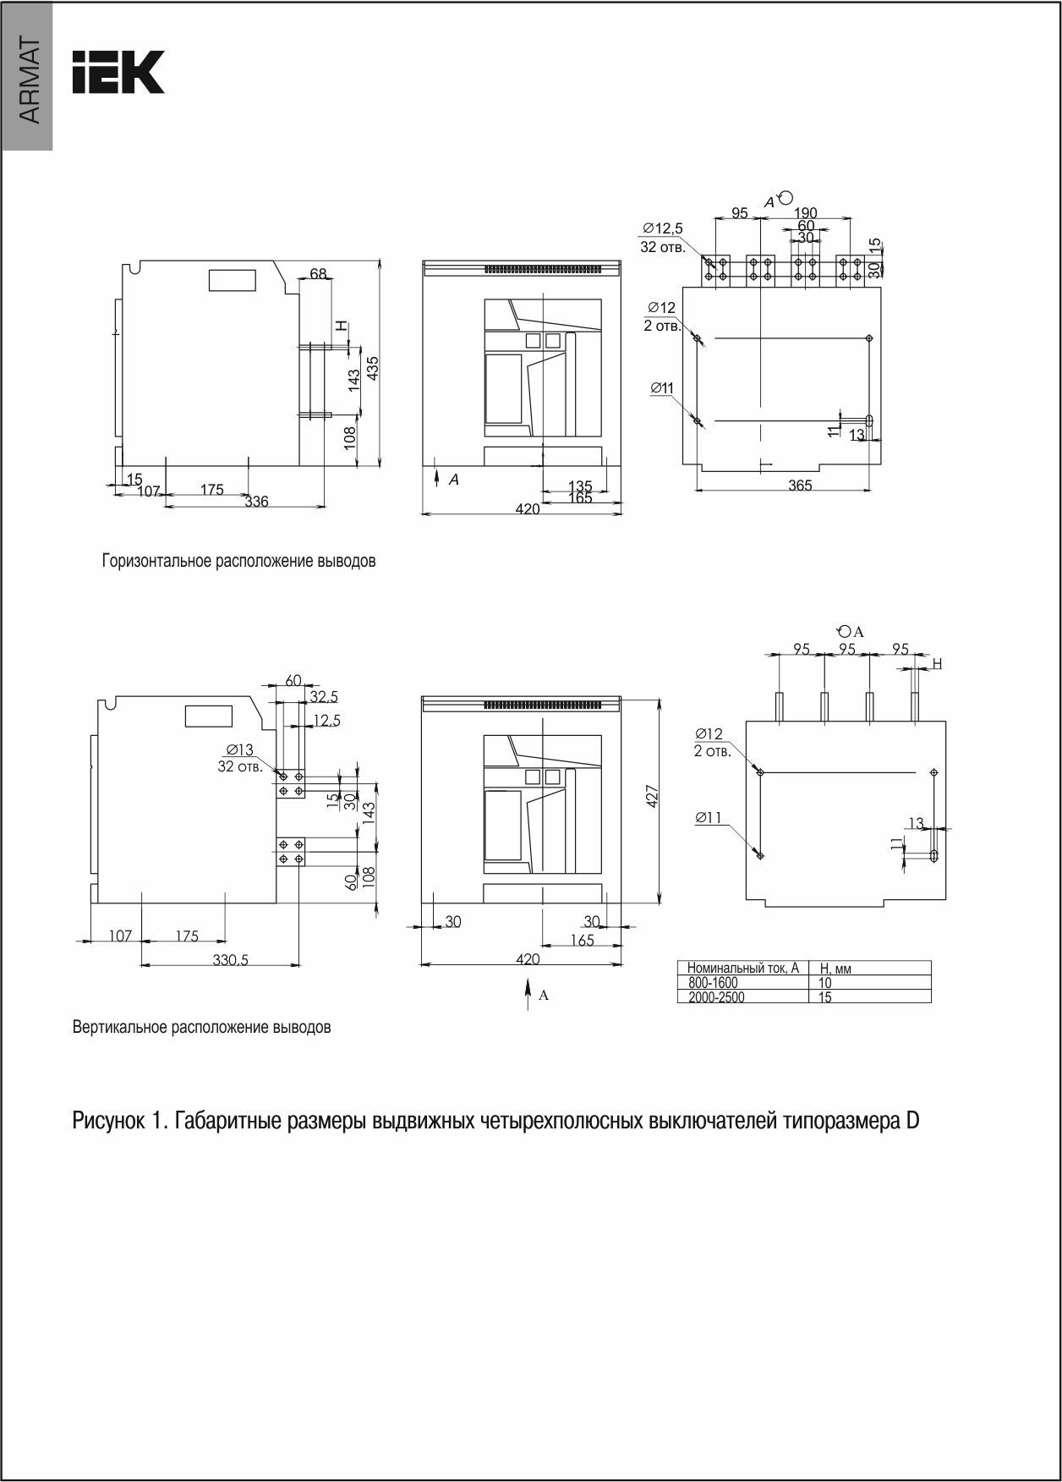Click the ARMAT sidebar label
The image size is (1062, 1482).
tap(28, 81)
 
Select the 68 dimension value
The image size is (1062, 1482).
tap(318, 274)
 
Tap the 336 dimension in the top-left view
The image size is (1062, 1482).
tap(256, 502)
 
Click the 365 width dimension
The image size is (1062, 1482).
tap(800, 485)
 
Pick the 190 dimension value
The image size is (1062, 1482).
tap(806, 213)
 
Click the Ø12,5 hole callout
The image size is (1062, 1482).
tap(662, 228)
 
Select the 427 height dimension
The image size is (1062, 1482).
tap(652, 797)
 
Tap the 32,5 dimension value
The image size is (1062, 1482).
tap(324, 697)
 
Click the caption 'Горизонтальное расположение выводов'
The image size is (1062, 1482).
tap(238, 561)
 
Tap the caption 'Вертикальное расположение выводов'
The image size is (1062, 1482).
tap(201, 1028)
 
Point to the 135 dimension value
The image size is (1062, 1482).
tap(580, 486)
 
